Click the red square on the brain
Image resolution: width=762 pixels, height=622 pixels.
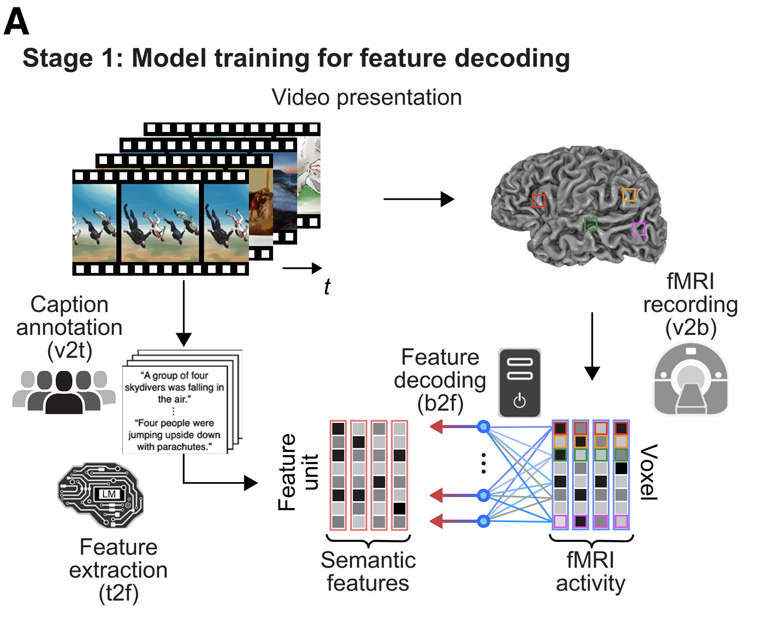538,200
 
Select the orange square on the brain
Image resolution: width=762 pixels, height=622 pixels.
629,195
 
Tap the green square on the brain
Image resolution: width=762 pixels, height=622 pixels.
591,224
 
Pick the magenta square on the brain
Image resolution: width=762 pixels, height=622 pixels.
638,229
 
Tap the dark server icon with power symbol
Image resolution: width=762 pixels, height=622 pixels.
519,383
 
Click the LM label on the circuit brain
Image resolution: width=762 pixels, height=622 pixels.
109,494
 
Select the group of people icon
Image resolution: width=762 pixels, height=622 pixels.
63,392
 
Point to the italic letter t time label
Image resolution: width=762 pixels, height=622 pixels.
327,287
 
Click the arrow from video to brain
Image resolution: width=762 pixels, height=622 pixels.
419,199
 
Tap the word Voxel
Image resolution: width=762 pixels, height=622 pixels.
648,472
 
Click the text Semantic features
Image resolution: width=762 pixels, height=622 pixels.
368,571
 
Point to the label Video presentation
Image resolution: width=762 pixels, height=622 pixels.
367,97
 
